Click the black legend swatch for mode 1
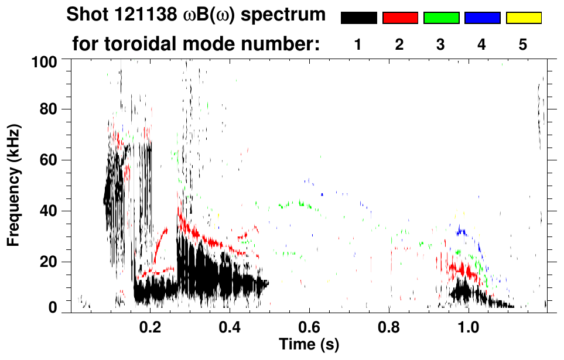coord(359,18)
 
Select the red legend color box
coord(400,18)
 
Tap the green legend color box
coord(441,18)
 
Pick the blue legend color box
coord(482,18)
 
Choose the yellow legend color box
coord(523,18)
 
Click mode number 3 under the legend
coord(441,45)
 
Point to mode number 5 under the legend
coord(523,45)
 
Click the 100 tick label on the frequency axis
coord(45,60)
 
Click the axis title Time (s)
coord(309,344)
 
